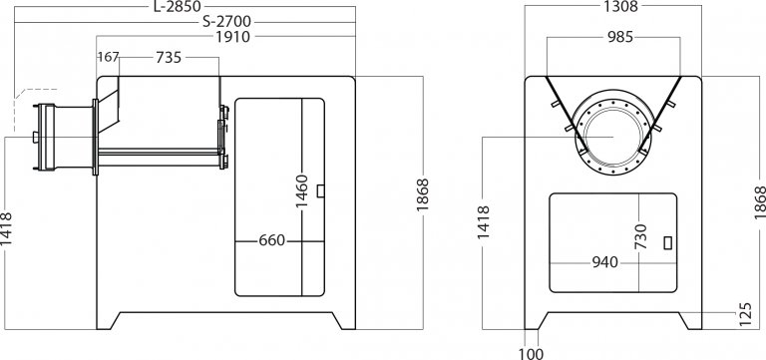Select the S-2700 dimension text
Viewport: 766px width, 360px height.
(x=226, y=22)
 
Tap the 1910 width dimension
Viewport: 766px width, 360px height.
(x=232, y=37)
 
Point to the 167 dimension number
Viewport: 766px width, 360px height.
(x=108, y=57)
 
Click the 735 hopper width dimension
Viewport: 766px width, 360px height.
(x=169, y=58)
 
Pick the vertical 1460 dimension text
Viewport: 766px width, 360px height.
(x=302, y=191)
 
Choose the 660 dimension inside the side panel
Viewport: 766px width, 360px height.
(x=271, y=240)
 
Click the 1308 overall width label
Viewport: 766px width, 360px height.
(x=620, y=6)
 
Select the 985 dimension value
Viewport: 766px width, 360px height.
(x=620, y=37)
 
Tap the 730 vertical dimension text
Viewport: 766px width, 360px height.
(x=640, y=236)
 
